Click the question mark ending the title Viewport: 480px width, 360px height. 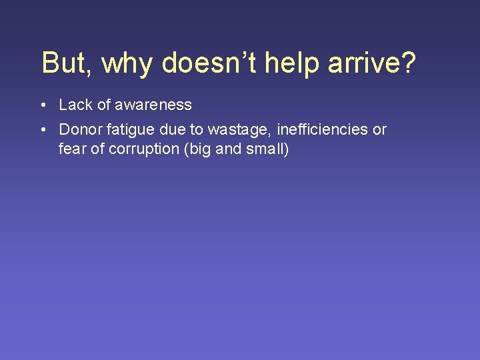tap(408, 63)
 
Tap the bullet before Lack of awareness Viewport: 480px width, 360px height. tap(42, 105)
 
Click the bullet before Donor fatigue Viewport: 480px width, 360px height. tap(42, 130)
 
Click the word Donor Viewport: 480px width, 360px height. tap(79, 129)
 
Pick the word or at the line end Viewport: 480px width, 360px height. tap(379, 130)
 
